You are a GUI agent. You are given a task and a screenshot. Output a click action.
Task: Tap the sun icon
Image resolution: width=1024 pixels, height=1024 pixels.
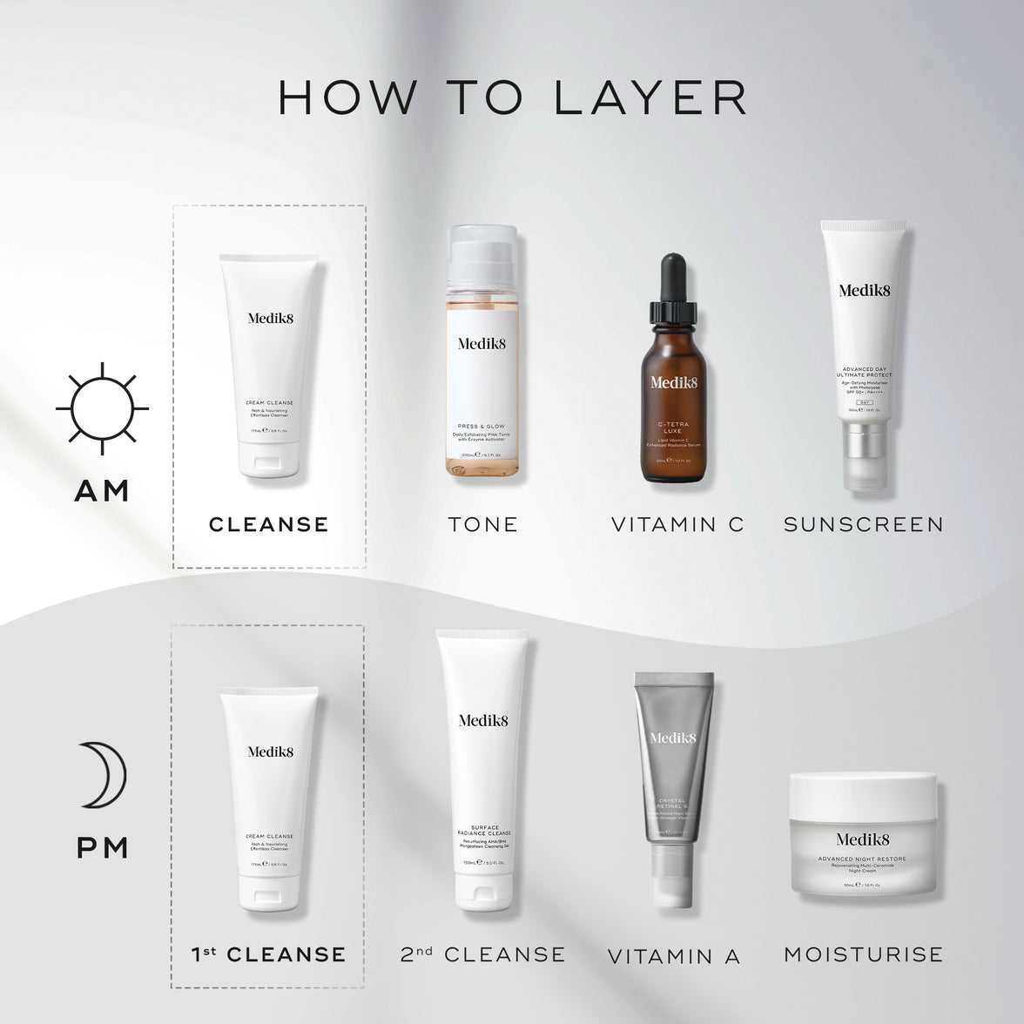[x=102, y=408]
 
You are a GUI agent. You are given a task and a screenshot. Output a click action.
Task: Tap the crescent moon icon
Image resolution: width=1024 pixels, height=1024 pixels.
[x=103, y=774]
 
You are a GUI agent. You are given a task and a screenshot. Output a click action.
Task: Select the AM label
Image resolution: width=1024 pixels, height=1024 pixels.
[x=102, y=490]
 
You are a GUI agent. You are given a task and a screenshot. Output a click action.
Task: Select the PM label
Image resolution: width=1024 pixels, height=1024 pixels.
[x=103, y=847]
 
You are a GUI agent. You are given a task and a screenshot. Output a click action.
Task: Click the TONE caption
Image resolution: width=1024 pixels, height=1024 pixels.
[x=482, y=524]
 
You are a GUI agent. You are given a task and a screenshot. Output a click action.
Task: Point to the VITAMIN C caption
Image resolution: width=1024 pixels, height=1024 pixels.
[x=677, y=524]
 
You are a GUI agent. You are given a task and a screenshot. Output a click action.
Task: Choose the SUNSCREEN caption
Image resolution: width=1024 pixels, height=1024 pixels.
[x=863, y=524]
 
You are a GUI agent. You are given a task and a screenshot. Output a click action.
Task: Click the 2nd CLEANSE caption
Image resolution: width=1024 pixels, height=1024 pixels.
[x=482, y=954]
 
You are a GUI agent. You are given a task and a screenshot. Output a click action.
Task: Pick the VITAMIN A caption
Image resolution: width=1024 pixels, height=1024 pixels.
[x=674, y=956]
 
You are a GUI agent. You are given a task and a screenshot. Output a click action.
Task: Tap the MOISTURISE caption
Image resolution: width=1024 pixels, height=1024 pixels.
[x=863, y=954]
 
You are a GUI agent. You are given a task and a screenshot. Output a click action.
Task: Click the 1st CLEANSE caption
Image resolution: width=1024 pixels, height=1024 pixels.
[x=268, y=954]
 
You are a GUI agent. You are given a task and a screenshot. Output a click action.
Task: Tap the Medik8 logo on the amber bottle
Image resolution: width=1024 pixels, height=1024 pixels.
[x=673, y=382]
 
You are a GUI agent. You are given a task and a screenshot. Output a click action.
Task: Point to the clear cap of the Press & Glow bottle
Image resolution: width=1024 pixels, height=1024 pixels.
[x=482, y=253]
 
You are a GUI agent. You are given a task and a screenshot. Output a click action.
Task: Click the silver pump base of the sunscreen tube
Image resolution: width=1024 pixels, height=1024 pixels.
[x=863, y=455]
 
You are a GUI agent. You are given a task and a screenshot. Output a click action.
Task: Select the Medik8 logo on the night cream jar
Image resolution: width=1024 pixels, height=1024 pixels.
[x=863, y=839]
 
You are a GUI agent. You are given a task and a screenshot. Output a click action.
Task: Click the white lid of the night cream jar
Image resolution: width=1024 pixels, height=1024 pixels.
[x=863, y=792]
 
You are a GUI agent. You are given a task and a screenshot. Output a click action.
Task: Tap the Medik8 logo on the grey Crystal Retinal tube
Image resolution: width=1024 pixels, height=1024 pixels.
[x=673, y=738]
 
